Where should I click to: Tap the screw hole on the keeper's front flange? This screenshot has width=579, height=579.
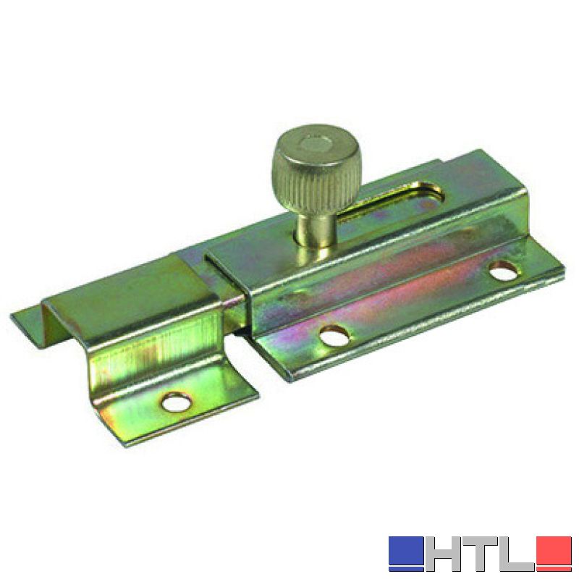(177, 402)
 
